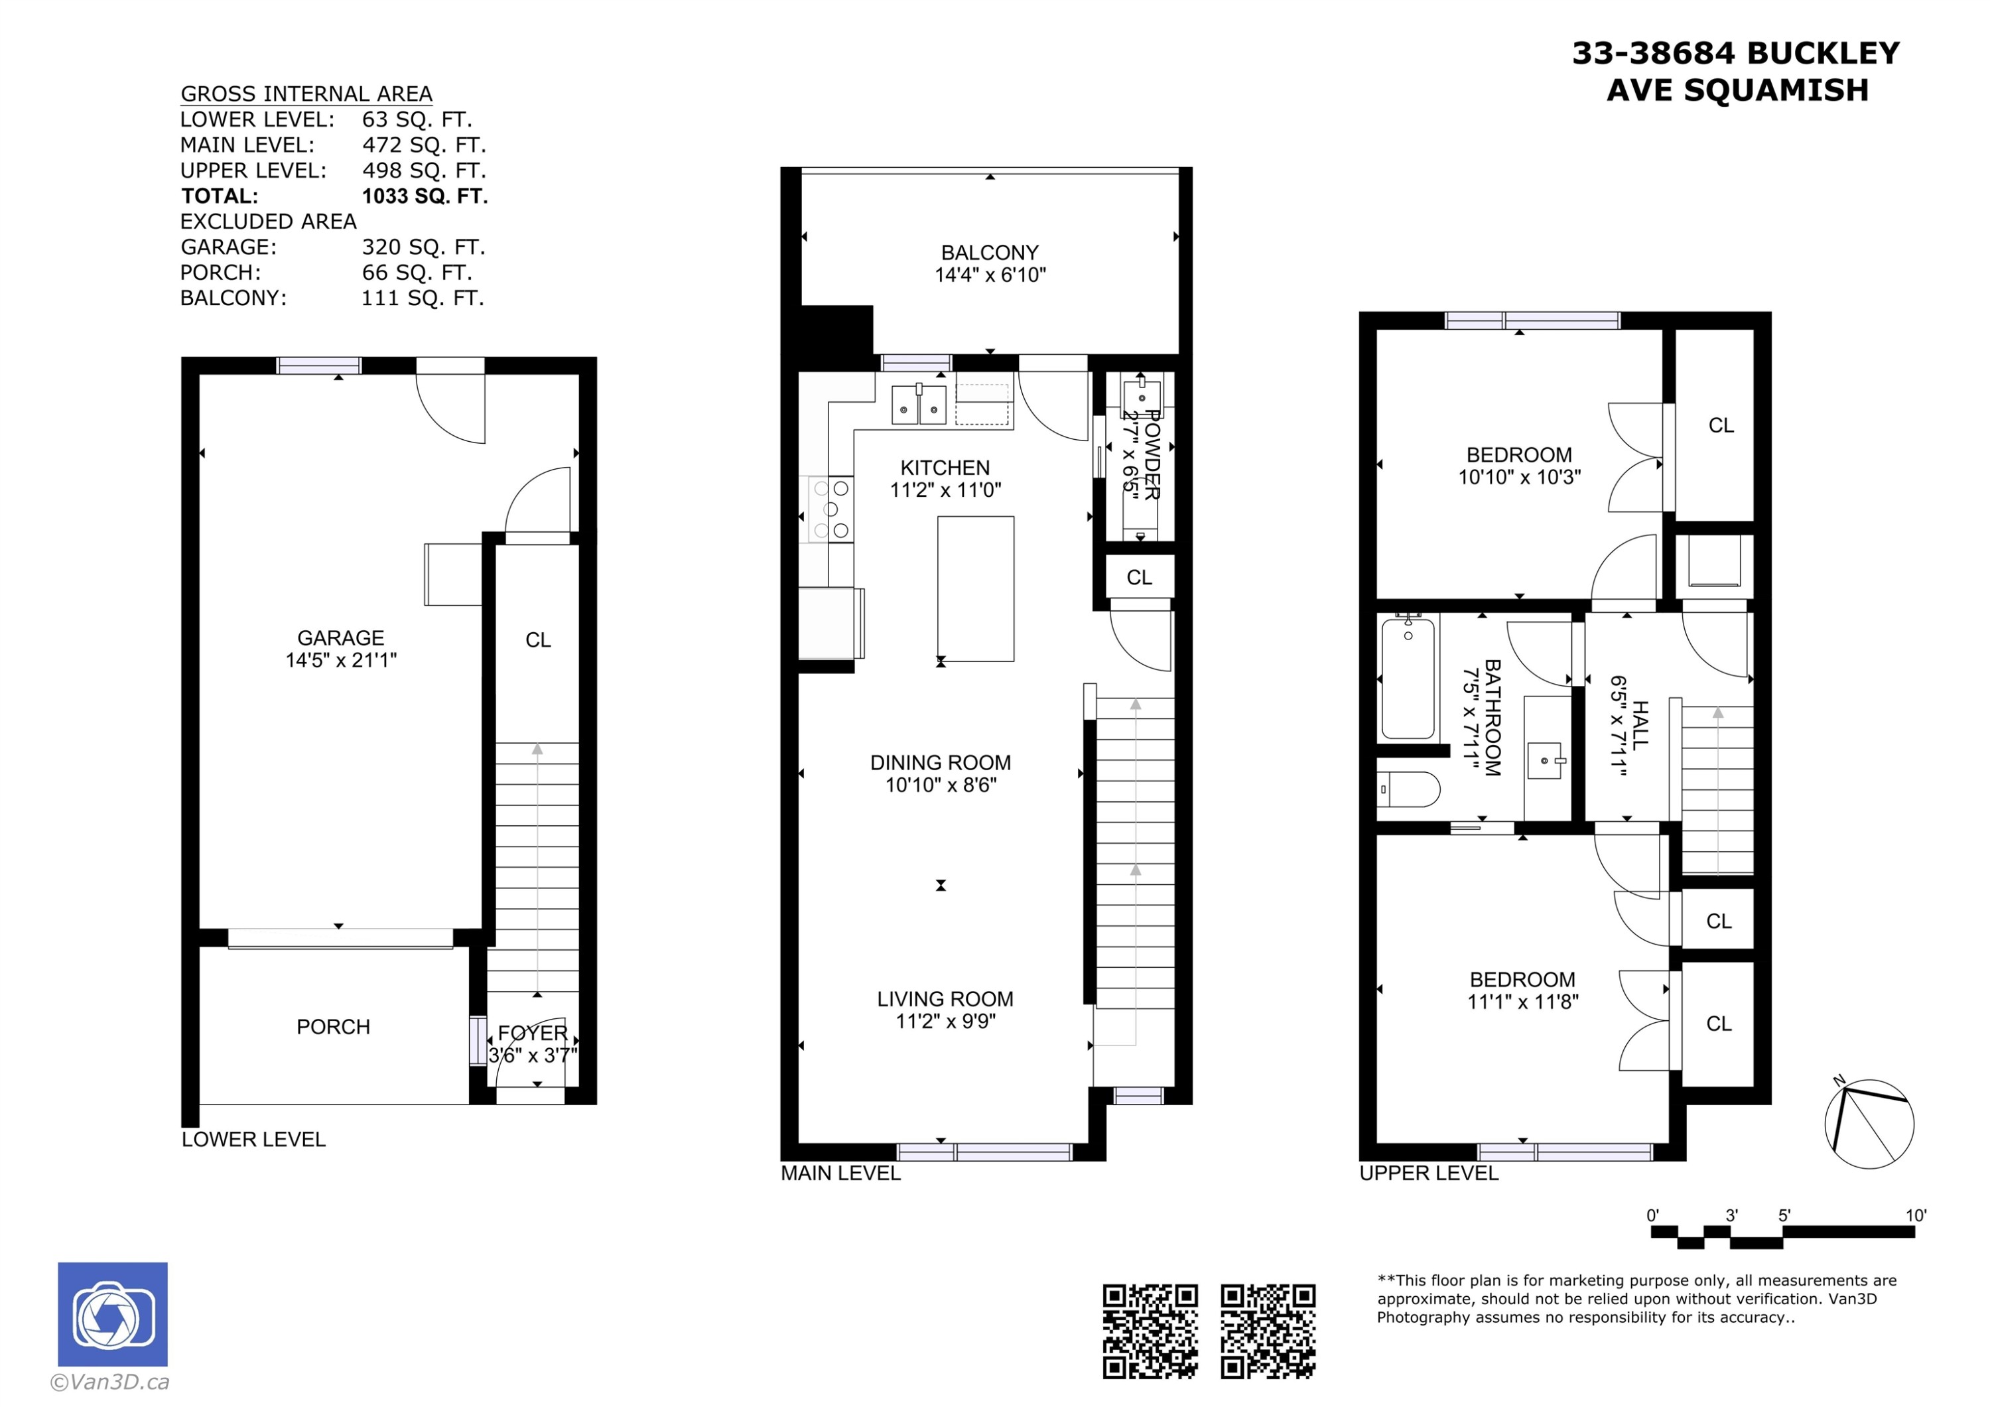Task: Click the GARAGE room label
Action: click(341, 638)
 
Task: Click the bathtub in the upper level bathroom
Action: click(1408, 677)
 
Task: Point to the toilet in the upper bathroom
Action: click(1408, 790)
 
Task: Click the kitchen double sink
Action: click(919, 405)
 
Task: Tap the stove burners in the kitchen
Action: click(830, 509)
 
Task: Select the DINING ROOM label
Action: click(941, 763)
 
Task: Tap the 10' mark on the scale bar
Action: click(1916, 1215)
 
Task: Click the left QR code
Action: click(1150, 1331)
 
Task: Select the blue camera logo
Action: click(113, 1314)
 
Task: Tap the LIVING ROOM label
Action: click(945, 1000)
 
